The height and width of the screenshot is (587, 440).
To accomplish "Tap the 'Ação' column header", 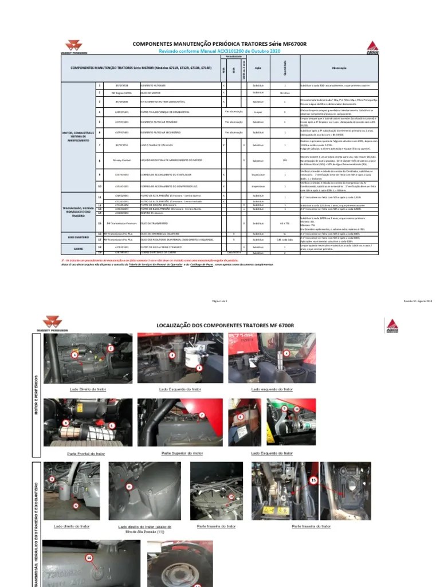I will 258,67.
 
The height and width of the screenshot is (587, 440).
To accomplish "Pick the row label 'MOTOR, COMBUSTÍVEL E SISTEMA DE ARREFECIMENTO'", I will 78,136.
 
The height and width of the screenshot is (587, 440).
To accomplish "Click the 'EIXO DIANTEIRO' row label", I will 78,235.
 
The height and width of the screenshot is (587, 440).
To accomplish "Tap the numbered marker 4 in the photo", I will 286,353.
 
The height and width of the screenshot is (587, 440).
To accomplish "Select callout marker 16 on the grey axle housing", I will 88,557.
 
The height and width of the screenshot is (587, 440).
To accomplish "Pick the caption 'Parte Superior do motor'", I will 172,453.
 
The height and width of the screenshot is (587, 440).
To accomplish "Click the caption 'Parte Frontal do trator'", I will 87,453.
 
